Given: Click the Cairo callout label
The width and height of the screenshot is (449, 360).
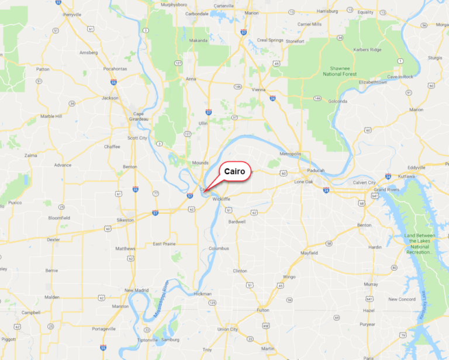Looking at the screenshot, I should tap(236, 172).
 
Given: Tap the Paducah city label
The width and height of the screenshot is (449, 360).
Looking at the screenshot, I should tap(314, 171).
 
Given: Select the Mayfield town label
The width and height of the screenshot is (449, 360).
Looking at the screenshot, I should tap(309, 253).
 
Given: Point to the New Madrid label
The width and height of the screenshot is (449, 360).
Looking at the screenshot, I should tap(137, 290).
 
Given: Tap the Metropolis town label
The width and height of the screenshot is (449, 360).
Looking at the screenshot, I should tap(290, 154).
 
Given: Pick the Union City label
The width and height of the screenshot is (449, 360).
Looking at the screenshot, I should tap(227, 329).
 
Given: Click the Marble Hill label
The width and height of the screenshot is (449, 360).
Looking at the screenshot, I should tap(51, 116).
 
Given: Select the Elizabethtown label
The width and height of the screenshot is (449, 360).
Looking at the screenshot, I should tap(373, 82).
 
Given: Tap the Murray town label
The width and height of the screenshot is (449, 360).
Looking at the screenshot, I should tap(371, 284).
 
